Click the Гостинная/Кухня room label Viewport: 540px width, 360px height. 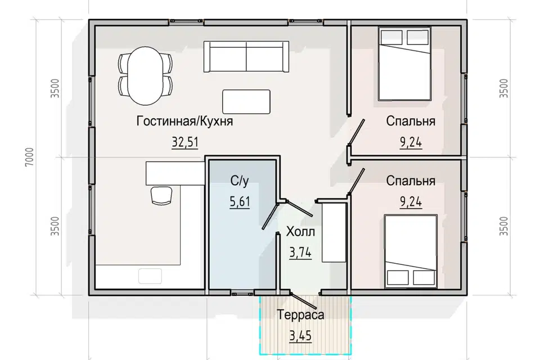coord(184,121)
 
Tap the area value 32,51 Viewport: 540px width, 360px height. coord(185,142)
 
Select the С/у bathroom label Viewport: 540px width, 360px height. coord(240,181)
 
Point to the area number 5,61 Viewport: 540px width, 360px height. coord(240,201)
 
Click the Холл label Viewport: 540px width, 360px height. coord(300,232)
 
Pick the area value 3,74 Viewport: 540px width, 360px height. coord(300,253)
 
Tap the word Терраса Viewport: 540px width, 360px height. coord(300,314)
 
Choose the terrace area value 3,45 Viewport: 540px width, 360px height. coord(300,336)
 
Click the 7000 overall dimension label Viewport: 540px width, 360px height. coord(29,157)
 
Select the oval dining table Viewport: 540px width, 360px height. coord(145,76)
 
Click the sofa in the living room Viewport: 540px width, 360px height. coord(246,56)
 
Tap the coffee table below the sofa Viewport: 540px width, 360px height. coord(246,102)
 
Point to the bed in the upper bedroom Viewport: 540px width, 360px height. coord(404,64)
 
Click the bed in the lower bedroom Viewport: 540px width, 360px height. coord(411,251)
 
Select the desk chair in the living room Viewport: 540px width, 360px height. coord(161,196)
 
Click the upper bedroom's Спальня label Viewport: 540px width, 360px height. coord(411,121)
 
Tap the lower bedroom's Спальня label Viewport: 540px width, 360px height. coord(411,181)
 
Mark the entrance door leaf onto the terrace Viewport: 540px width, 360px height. coord(304,301)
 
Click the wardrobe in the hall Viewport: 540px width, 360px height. coord(334,232)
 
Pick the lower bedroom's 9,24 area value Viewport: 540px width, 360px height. coord(411,201)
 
